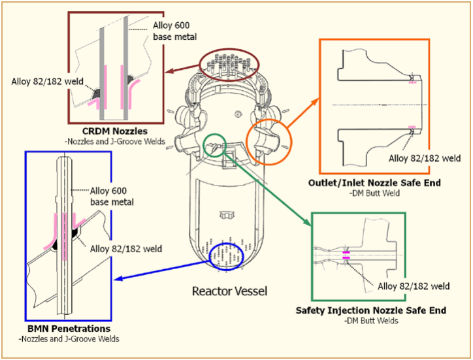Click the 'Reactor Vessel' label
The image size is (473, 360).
(230, 290)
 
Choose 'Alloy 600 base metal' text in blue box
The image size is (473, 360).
(112, 196)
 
